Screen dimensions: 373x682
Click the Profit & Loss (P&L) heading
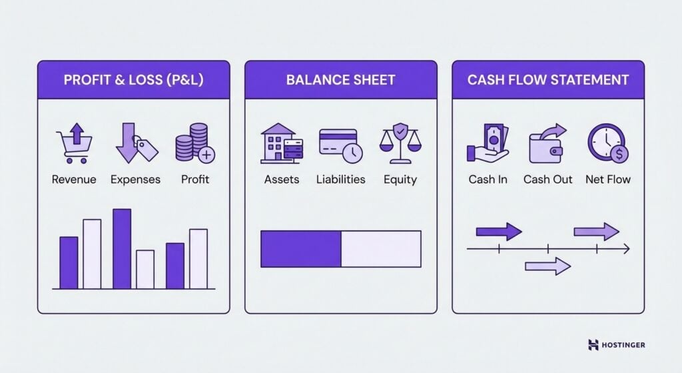coord(133,80)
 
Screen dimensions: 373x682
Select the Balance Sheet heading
coord(340,80)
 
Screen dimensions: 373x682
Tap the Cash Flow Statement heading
coord(547,80)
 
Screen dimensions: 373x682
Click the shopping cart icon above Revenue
coord(73,143)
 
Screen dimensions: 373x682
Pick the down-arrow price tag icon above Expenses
coord(136,143)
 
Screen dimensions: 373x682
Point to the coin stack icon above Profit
coord(194,143)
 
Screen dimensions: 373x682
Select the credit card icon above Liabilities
coord(340,144)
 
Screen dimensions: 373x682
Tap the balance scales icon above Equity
coord(400,143)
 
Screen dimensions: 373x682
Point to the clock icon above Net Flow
coord(607,143)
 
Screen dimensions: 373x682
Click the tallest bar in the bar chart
coord(121,248)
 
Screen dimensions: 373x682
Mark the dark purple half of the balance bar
coord(300,249)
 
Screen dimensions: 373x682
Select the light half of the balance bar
coord(381,249)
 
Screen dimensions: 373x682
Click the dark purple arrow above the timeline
coord(499,232)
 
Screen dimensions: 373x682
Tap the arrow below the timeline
coord(547,267)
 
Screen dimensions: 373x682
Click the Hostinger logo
coord(617,345)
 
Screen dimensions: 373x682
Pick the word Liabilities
coord(340,179)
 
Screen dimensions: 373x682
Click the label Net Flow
coord(607,179)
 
